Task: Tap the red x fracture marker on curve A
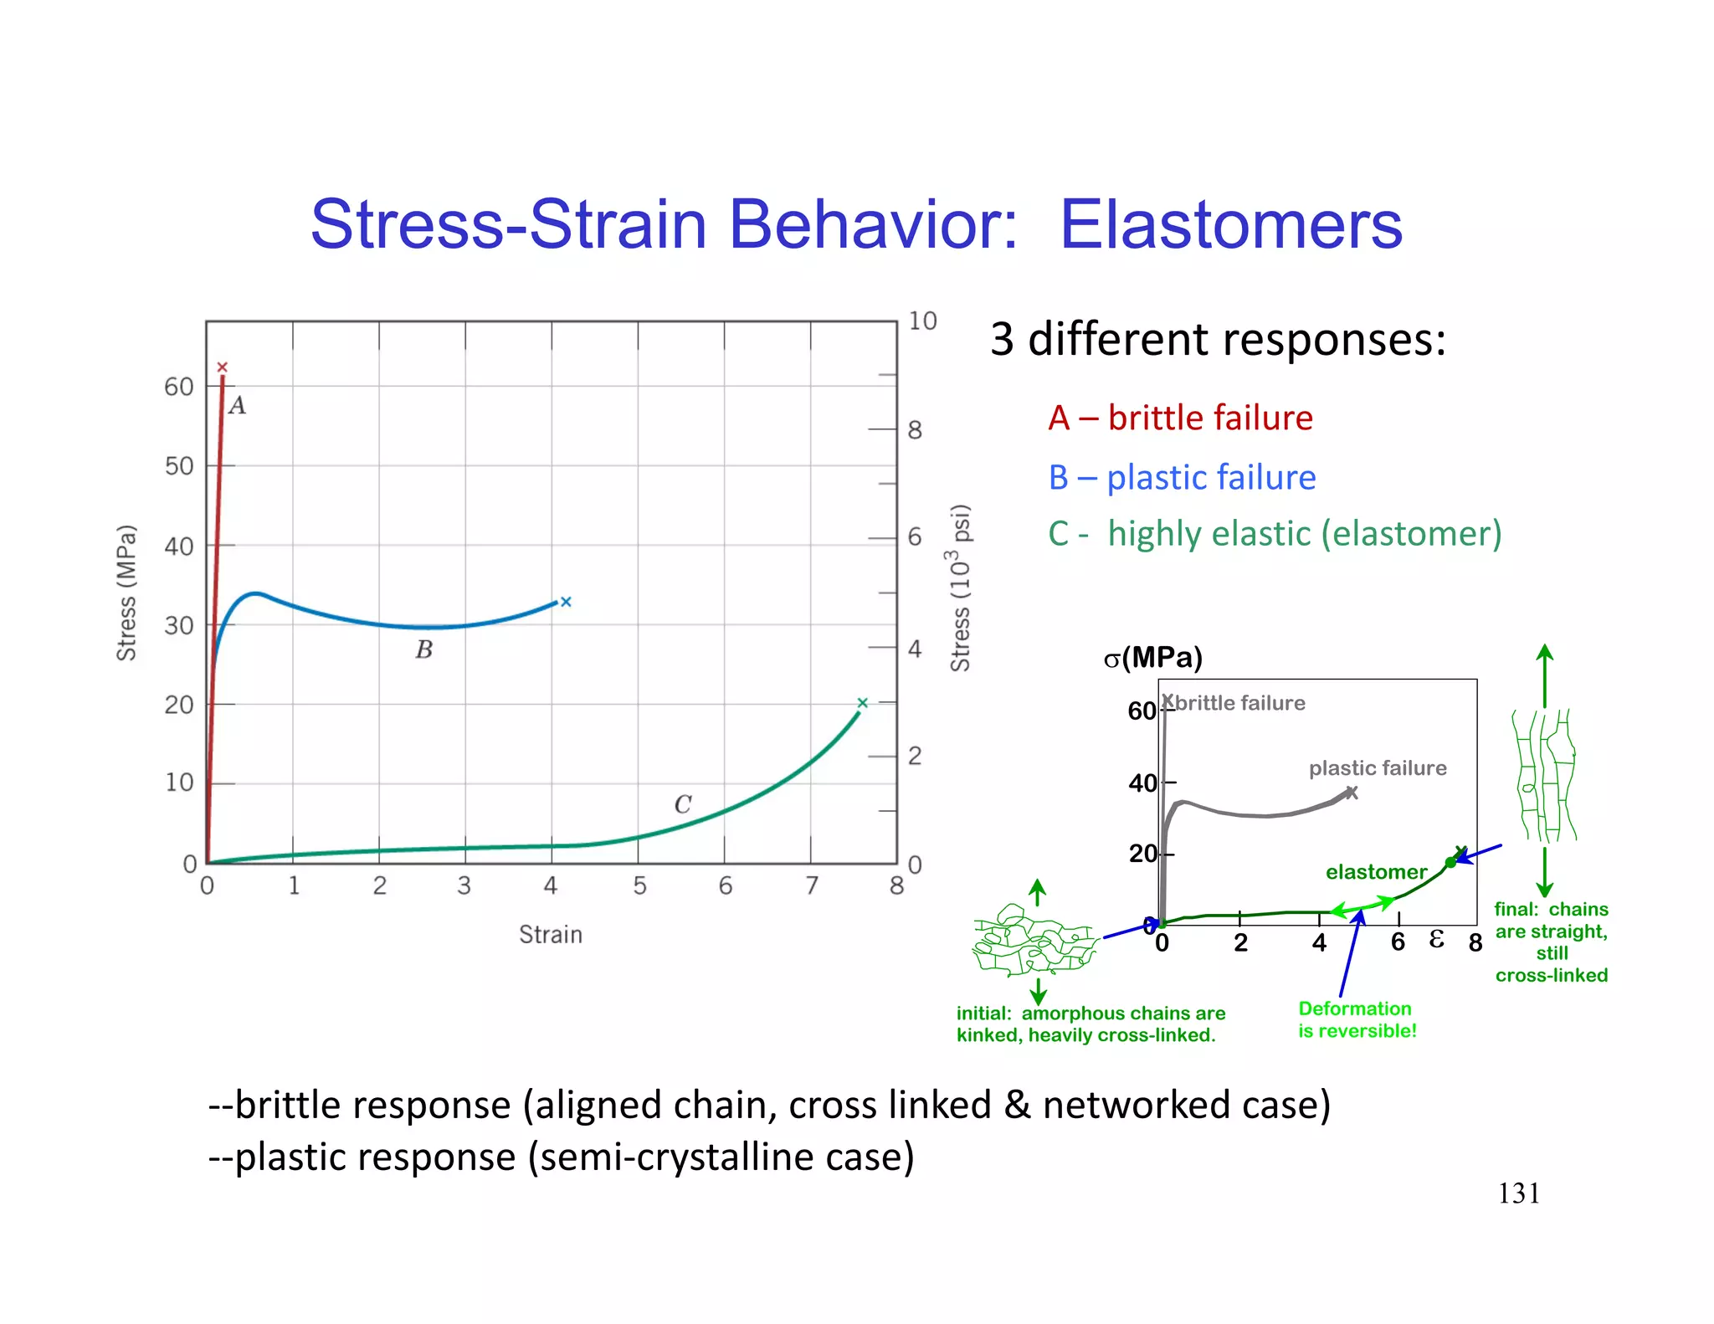[222, 367]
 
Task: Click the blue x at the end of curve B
[566, 602]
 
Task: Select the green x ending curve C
[863, 703]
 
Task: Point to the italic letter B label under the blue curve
[424, 649]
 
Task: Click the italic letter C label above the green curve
[683, 804]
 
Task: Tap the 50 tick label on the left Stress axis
[179, 466]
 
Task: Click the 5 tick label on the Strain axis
[639, 885]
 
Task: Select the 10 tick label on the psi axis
[922, 321]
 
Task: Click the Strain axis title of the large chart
[550, 934]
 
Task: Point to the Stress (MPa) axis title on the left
[126, 593]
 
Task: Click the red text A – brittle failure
[1180, 418]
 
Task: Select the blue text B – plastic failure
[1182, 477]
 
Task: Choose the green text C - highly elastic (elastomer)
[1275, 533]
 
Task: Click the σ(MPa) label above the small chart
[1152, 658]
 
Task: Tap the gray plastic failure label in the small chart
[1378, 767]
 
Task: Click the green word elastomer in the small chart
[1376, 871]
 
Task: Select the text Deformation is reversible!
[1357, 1019]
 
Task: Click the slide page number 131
[1518, 1193]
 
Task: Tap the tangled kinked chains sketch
[1034, 942]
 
